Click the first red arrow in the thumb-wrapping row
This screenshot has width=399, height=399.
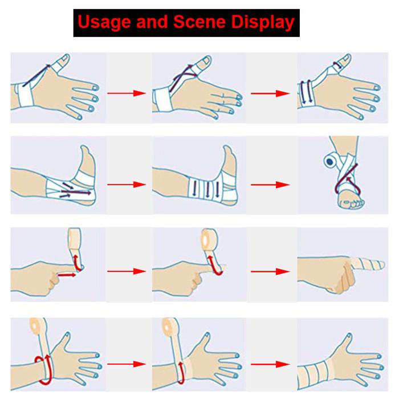tap(128, 93)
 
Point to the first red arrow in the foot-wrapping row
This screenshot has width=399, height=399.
tap(128, 184)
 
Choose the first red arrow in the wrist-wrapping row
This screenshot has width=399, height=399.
tap(128, 363)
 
